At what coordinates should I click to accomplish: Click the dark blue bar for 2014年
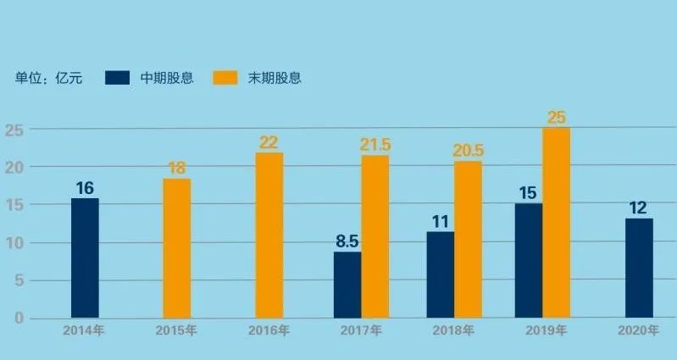point(85,258)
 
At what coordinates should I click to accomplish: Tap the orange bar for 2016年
point(269,235)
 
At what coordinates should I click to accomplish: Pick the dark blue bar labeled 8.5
point(347,285)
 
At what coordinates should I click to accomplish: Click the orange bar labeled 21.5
point(375,236)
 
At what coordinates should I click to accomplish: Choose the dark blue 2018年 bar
point(440,274)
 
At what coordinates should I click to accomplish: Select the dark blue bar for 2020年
point(639,268)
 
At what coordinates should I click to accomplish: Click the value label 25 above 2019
point(557,118)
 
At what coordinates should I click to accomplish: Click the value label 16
point(85,188)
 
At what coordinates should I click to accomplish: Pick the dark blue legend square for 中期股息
point(117,78)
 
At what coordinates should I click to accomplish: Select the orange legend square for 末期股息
point(225,78)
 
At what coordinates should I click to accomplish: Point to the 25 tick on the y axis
point(14,130)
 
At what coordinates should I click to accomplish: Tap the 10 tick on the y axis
point(14,243)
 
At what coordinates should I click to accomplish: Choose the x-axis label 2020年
point(639,330)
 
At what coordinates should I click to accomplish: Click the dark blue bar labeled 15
point(529,260)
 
